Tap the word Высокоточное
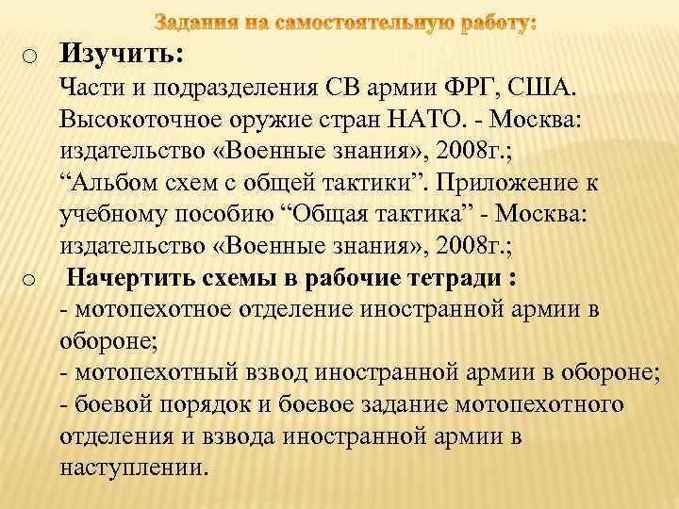141,121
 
